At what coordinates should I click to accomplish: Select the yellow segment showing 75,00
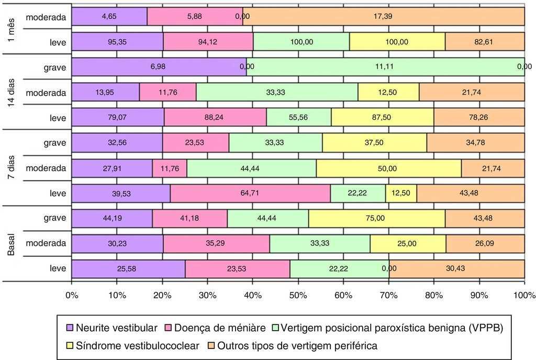pos(377,218)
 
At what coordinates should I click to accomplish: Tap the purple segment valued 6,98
pos(159,67)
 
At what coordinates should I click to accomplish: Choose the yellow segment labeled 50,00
pos(388,168)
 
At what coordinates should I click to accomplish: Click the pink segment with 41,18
pos(189,218)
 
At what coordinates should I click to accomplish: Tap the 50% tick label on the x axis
pos(298,295)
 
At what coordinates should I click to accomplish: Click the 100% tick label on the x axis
pos(524,295)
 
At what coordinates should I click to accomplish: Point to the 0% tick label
pos(72,295)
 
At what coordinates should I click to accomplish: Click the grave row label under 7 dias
pos(55,143)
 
